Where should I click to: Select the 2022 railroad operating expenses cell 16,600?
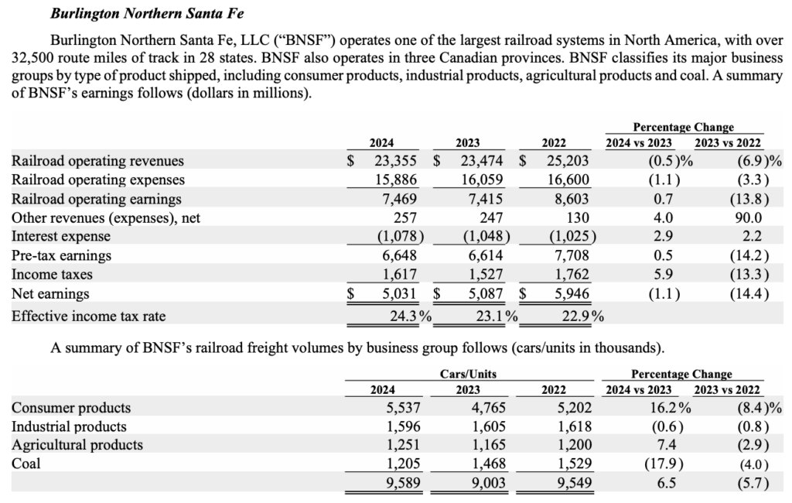[568, 180]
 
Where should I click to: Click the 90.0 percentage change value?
[747, 217]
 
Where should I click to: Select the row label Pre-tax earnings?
[62, 255]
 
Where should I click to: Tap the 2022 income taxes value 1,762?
[572, 275]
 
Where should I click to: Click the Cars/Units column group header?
[468, 374]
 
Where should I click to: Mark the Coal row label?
[26, 464]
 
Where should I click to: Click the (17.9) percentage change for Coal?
[658, 464]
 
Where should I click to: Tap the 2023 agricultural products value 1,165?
[487, 445]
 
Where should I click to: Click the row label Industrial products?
[70, 426]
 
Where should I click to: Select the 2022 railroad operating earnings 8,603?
[572, 199]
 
